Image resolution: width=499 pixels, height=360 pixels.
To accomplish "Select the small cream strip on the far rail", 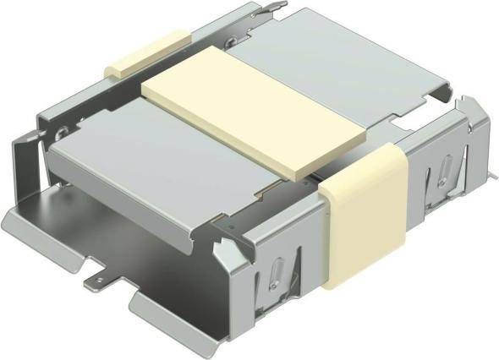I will pyautogui.click(x=146, y=53).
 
